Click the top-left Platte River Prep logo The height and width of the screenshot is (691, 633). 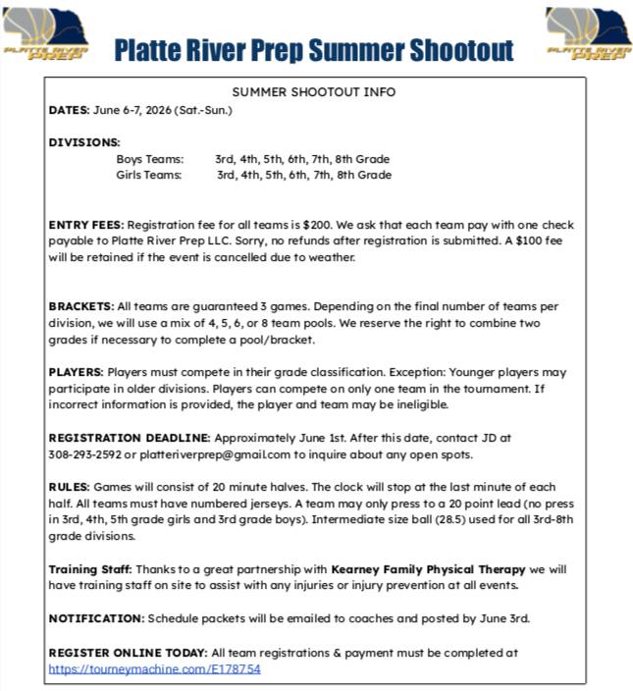pos(45,35)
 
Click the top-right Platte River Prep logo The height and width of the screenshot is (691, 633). pos(589,35)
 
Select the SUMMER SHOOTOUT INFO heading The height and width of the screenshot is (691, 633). pos(314,92)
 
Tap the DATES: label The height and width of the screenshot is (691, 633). pos(69,110)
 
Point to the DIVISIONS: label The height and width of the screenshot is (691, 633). pos(84,142)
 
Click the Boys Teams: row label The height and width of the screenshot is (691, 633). pos(149,159)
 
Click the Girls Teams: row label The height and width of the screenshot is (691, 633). pos(149,176)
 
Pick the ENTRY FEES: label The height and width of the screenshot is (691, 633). pos(86,225)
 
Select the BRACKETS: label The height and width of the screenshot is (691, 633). pos(80,306)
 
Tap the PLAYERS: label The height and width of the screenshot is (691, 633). pos(76,372)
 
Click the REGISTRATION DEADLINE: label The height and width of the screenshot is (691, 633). pos(129,438)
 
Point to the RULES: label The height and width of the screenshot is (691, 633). pos(69,487)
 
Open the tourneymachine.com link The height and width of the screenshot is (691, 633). pos(154,668)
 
